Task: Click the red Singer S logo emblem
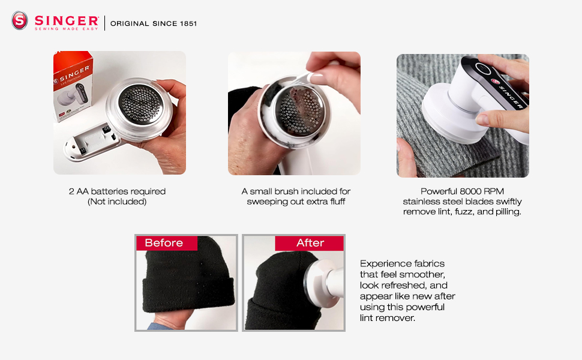coord(20,21)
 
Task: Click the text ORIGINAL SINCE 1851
coord(153,23)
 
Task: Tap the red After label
coord(310,243)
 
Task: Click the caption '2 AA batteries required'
coord(117,191)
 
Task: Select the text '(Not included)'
coord(117,202)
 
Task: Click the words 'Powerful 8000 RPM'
coord(462,191)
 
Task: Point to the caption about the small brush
coord(296,196)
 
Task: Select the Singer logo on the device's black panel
coord(508,90)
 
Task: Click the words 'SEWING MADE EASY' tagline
coord(66,28)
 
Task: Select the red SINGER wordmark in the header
coord(66,19)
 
